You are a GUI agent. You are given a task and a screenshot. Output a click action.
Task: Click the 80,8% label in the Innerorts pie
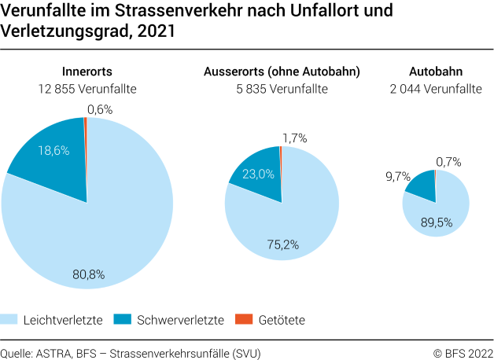[x=87, y=275]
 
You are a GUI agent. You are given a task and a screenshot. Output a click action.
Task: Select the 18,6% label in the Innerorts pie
[x=53, y=149]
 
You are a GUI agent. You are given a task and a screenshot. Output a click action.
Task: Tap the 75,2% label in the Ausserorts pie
[x=282, y=244]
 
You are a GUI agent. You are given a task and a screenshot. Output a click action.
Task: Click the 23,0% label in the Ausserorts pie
[x=259, y=174]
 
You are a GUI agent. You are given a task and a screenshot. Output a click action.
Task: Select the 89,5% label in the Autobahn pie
[x=436, y=222]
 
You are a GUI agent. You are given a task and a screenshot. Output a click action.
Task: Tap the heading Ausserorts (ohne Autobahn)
[x=282, y=72]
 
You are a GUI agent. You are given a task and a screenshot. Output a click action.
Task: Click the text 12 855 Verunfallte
[x=87, y=89]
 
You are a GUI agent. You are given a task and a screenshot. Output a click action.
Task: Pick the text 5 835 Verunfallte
[x=282, y=89]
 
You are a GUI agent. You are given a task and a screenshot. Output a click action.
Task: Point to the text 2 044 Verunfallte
[x=435, y=89]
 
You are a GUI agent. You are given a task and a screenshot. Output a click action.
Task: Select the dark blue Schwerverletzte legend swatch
[x=123, y=319]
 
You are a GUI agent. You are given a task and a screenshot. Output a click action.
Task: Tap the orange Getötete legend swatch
[x=244, y=319]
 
